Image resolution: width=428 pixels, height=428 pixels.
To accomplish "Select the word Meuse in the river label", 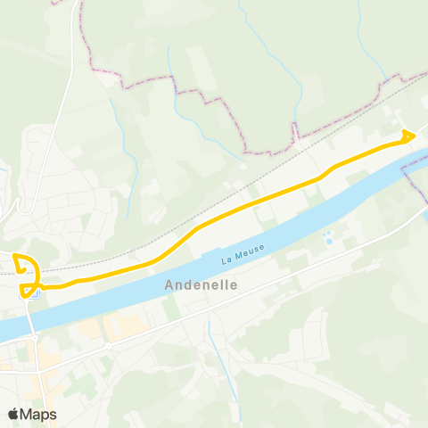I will coord(241,257).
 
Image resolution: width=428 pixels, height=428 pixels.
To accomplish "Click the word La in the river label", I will coord(226,260).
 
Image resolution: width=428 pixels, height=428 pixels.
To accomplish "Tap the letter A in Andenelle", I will coord(170,286).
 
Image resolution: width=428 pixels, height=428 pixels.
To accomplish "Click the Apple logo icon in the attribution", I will coord(13,413).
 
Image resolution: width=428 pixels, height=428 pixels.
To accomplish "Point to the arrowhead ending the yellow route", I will coord(410,135).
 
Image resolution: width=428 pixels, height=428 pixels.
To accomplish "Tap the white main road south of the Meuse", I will coord(267,295).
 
